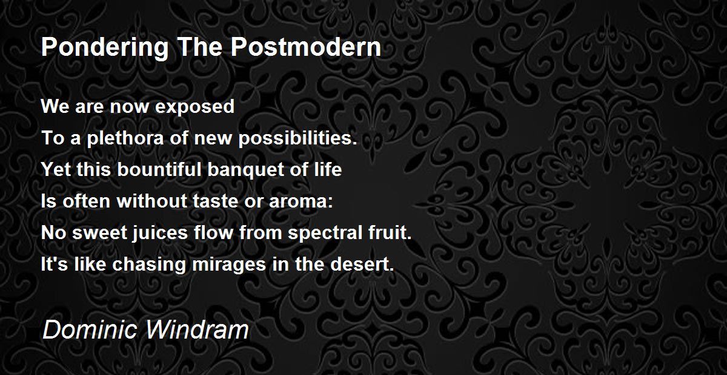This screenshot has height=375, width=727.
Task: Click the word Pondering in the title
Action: [x=105, y=48]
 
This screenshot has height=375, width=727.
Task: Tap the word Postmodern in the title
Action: [x=306, y=47]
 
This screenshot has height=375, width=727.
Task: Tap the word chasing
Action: [x=149, y=265]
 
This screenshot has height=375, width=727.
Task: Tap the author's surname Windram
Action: [x=198, y=330]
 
